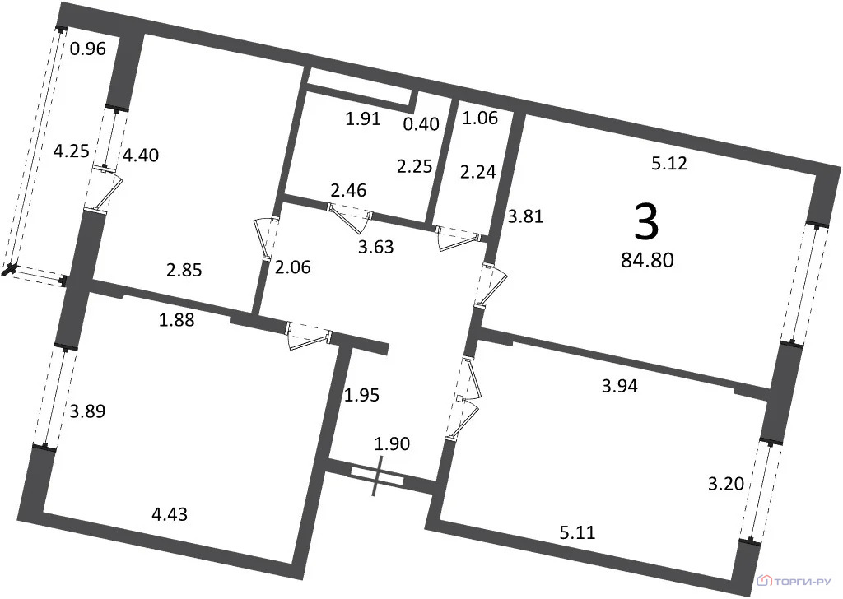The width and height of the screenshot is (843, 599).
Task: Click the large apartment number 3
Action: pos(646,222)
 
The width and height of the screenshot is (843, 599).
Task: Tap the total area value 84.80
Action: pos(647,261)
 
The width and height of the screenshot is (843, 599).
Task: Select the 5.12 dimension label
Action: pos(669,163)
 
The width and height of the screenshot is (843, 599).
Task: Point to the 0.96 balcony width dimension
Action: pos(88,49)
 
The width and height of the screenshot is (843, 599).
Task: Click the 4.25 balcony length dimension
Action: pos(72,151)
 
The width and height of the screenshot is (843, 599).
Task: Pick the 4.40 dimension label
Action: pos(141,156)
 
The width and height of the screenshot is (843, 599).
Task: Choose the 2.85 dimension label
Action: pos(184,270)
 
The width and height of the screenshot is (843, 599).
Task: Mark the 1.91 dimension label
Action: pos(363,118)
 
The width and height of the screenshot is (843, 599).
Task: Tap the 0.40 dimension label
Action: pos(421,124)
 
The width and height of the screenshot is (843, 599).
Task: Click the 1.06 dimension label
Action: pos(480,118)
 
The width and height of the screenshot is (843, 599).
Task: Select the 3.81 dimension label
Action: pos(526,216)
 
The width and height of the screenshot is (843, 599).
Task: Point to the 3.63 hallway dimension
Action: pos(376,247)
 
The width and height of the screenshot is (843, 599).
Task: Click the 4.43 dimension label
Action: pos(170,514)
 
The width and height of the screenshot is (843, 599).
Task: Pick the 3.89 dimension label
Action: pos(87,411)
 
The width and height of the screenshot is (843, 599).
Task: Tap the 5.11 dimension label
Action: pos(578,532)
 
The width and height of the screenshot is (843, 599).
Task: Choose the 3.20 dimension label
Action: pos(726,484)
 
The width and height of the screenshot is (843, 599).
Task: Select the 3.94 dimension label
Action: pos(620,386)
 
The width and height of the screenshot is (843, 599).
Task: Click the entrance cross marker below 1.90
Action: pos(377,476)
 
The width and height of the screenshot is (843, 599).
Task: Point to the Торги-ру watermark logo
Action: pos(795,581)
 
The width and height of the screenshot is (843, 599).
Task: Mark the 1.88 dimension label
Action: pos(177,320)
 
